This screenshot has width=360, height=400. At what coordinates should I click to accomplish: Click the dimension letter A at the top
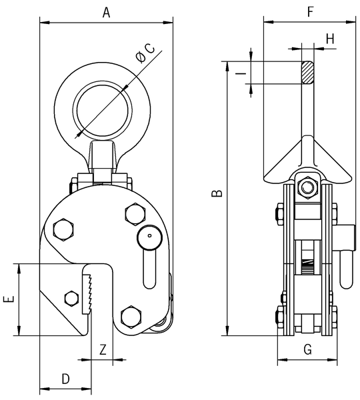(107, 11)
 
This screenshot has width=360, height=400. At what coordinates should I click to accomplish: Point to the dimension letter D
(65, 379)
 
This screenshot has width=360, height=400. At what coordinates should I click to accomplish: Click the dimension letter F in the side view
(309, 11)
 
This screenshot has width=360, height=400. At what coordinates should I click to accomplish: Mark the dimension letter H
(329, 39)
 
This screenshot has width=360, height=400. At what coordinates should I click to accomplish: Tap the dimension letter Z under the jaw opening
(103, 349)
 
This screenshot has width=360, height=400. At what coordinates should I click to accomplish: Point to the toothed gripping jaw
(87, 293)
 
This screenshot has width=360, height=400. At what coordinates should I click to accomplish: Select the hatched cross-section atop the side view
(307, 72)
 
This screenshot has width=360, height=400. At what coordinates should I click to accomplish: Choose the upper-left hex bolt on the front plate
(65, 229)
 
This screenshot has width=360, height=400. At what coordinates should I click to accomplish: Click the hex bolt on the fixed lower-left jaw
(70, 299)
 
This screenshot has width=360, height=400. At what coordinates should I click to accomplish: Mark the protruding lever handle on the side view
(347, 267)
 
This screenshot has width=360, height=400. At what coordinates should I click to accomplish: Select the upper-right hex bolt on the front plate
(133, 214)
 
